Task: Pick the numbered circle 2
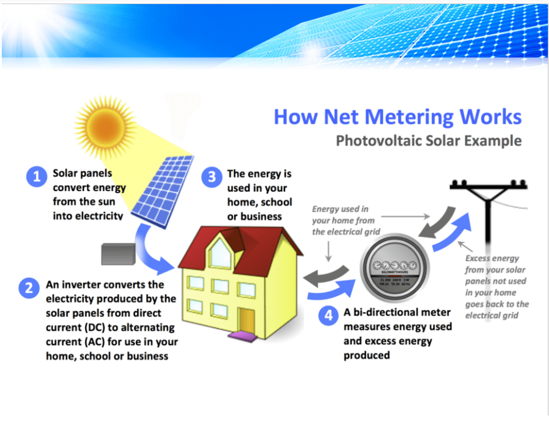click(x=29, y=288)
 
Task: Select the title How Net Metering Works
click(x=397, y=116)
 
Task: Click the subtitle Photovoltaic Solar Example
click(x=428, y=141)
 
